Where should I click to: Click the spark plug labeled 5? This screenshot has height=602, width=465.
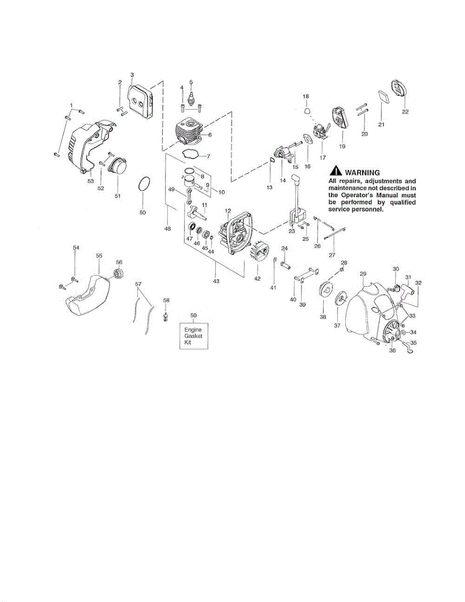(x=191, y=98)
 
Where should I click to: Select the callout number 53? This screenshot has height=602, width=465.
(x=91, y=181)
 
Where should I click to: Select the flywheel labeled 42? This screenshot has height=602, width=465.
(x=257, y=252)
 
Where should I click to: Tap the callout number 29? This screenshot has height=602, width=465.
(x=363, y=273)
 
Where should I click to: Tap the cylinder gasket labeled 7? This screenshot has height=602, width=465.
(x=192, y=155)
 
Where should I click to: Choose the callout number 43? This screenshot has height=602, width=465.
(x=216, y=281)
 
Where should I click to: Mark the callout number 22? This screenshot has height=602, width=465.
(x=404, y=112)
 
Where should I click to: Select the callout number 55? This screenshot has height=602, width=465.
(x=99, y=256)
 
